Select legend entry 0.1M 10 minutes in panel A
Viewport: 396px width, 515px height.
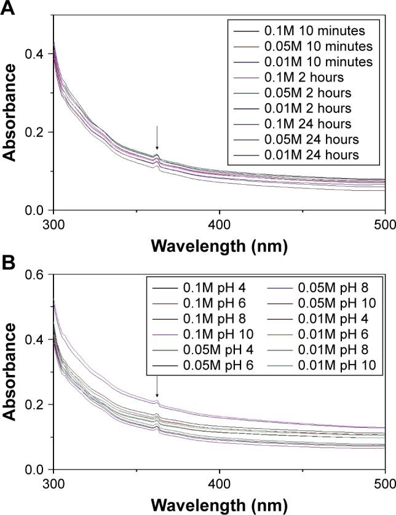coord(288,29)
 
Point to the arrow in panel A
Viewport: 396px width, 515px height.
coord(157,138)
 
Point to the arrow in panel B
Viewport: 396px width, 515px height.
coord(157,387)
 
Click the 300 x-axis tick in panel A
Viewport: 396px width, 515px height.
coord(54,222)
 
